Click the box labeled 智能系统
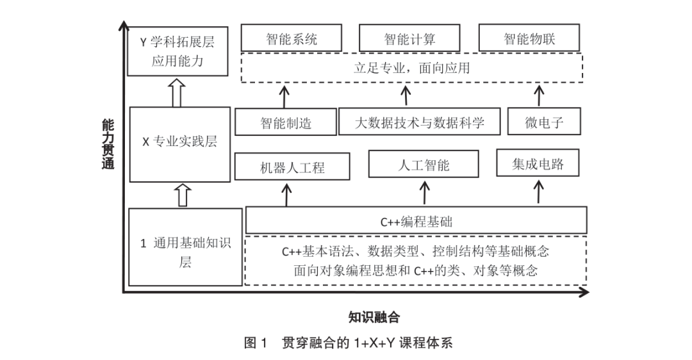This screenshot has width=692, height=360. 292,38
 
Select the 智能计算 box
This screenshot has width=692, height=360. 409,38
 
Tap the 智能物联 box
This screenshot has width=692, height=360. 529,38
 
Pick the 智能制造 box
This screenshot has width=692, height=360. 286,122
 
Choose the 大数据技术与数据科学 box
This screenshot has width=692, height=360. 419,122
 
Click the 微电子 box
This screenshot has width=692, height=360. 544,122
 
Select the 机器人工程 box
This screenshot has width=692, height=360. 292,167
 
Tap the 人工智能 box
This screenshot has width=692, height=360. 424,164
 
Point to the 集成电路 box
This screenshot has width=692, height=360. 538,163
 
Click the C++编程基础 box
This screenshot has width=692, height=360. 416,221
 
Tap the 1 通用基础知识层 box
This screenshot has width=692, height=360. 185,247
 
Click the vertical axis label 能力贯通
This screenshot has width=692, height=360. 108,145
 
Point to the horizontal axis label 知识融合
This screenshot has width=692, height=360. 374,316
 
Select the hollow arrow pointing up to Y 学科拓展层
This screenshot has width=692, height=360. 177,93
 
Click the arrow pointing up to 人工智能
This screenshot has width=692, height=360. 424,192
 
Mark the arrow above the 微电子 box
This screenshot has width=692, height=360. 538,96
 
